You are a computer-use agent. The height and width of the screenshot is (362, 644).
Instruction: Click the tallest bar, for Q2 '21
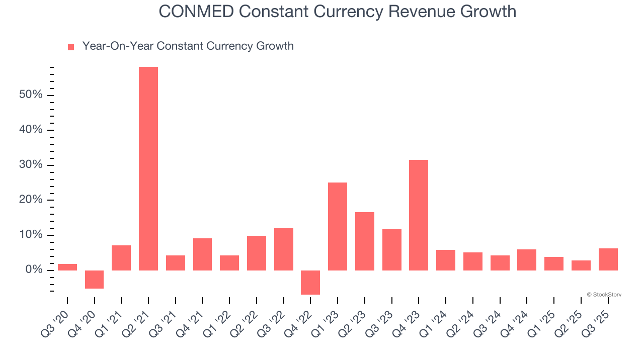tap(148, 168)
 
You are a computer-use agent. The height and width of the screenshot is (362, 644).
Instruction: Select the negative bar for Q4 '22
tap(310, 283)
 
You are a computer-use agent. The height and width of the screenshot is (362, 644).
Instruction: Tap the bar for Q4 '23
tap(419, 215)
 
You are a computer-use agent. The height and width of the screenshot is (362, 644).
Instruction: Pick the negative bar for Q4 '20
tap(94, 280)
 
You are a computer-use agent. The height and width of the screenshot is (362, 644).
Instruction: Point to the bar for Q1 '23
tap(338, 226)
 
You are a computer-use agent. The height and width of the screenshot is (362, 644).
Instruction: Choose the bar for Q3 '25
tap(608, 259)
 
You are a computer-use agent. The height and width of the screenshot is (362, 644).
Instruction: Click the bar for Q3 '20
tap(67, 267)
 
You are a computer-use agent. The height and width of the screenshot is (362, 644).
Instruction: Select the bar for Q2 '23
tap(365, 241)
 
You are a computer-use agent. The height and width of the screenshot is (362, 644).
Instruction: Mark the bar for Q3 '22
tap(284, 249)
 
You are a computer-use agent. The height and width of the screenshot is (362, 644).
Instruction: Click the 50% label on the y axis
tap(30, 95)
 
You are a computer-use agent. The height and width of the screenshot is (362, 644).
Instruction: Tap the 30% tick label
tap(30, 165)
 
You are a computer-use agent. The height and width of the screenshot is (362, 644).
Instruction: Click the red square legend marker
tap(71, 47)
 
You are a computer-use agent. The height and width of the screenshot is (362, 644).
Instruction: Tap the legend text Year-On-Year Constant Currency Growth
tap(188, 46)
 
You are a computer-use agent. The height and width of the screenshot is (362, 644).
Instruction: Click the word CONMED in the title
tap(196, 11)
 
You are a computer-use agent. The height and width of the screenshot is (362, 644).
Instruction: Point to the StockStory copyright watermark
tap(604, 295)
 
